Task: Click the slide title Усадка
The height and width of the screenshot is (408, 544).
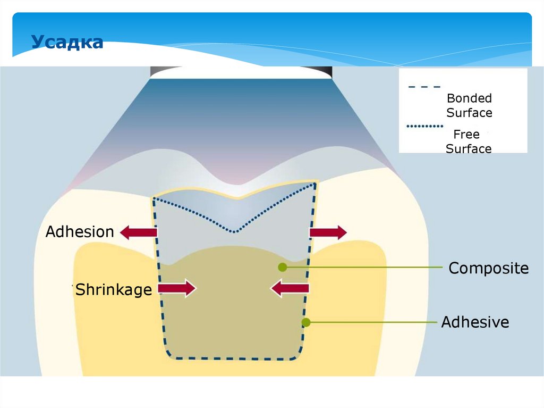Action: (x=67, y=41)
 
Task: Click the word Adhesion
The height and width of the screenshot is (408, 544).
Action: (x=80, y=232)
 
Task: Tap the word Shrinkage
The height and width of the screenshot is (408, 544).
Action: (x=113, y=290)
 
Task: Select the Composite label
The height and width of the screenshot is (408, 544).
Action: (x=488, y=268)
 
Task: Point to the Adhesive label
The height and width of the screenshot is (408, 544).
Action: (x=475, y=322)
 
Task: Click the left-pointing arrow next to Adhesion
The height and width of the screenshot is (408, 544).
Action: (x=139, y=232)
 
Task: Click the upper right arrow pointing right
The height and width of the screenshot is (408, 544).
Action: (x=328, y=232)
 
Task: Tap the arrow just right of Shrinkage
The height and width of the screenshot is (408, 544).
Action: (x=177, y=289)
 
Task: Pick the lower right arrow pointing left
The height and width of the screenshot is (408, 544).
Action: (x=290, y=289)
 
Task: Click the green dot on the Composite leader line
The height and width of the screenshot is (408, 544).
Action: (x=283, y=267)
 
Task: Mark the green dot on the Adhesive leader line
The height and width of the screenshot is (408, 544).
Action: (x=305, y=322)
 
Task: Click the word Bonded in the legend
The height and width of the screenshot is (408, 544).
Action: (x=469, y=98)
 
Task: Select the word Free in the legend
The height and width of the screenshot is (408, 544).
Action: (x=466, y=135)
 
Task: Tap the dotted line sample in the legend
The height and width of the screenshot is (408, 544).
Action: (x=424, y=127)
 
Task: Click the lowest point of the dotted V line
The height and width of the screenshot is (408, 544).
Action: (x=235, y=231)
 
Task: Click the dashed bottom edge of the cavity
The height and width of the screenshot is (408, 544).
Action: (x=234, y=359)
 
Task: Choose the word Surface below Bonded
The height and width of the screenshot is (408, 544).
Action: (x=469, y=113)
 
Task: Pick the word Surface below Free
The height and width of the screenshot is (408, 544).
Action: (x=469, y=149)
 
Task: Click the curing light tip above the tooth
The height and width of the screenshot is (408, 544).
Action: (x=241, y=72)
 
